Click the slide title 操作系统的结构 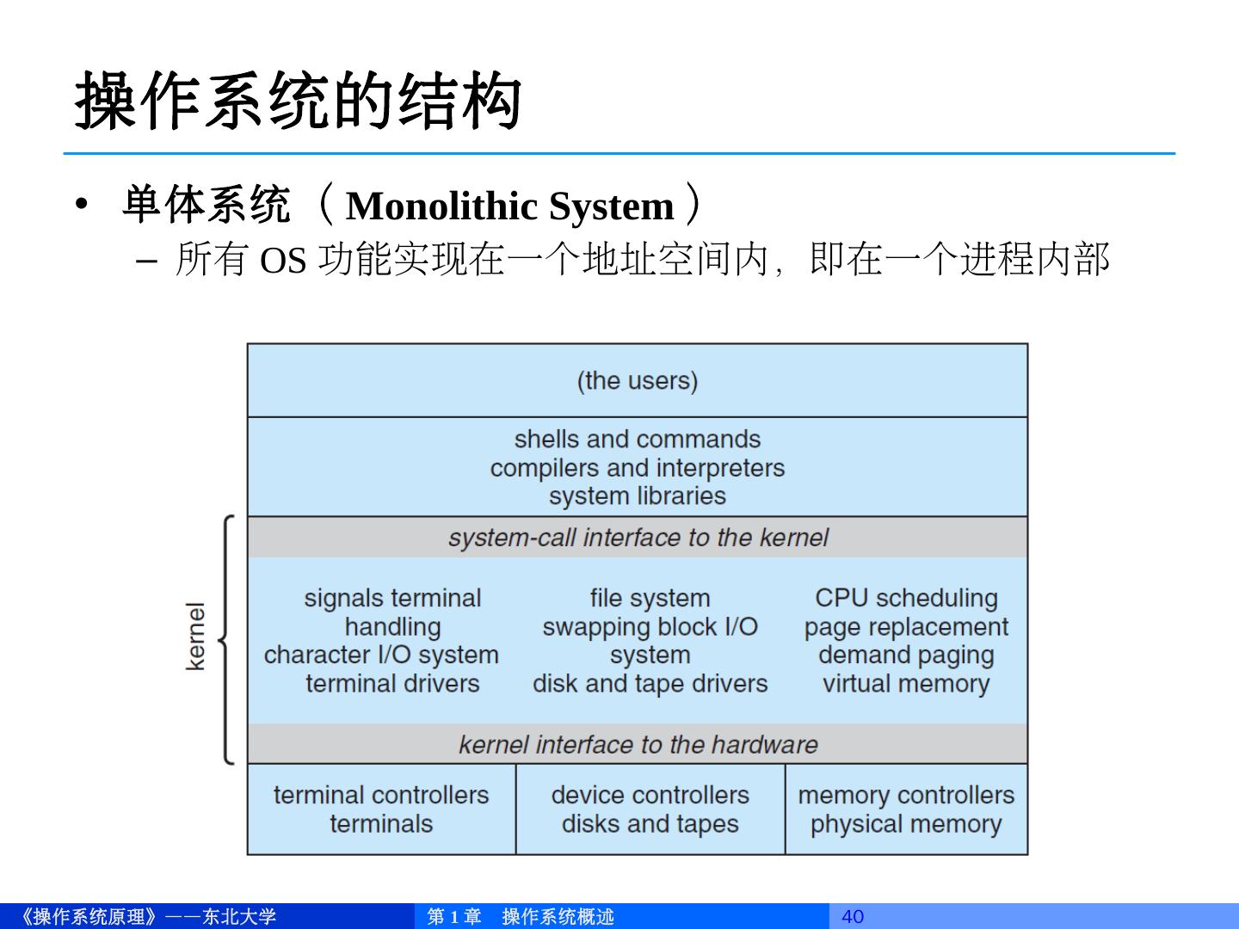[298, 102]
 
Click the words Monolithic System [509, 206]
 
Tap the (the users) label [638, 380]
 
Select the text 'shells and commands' [638, 439]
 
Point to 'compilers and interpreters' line [638, 468]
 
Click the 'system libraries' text [638, 496]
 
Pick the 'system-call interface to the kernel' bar [638, 538]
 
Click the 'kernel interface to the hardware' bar [638, 744]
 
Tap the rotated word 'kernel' [196, 637]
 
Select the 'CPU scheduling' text [906, 598]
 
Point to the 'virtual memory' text [906, 684]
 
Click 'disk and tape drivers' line [650, 684]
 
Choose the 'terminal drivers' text [392, 684]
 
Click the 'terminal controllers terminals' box [381, 809]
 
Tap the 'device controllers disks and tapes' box [650, 809]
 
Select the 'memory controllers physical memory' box [906, 809]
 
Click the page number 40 [852, 916]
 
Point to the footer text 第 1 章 [453, 916]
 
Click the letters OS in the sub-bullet [283, 260]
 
